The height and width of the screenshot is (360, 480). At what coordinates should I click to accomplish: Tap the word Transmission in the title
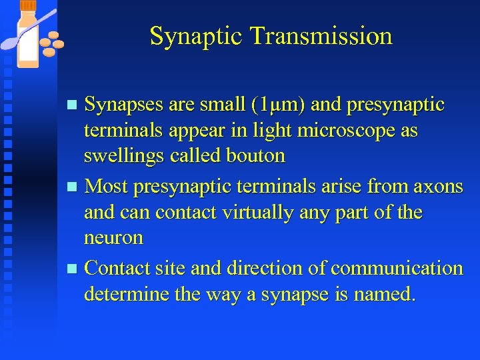pos(321,36)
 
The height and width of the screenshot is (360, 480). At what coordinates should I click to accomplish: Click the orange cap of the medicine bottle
pos(28,5)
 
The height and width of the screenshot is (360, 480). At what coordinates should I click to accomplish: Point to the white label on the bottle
pos(28,44)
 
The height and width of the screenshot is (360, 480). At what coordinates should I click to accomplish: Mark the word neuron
pos(113,238)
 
